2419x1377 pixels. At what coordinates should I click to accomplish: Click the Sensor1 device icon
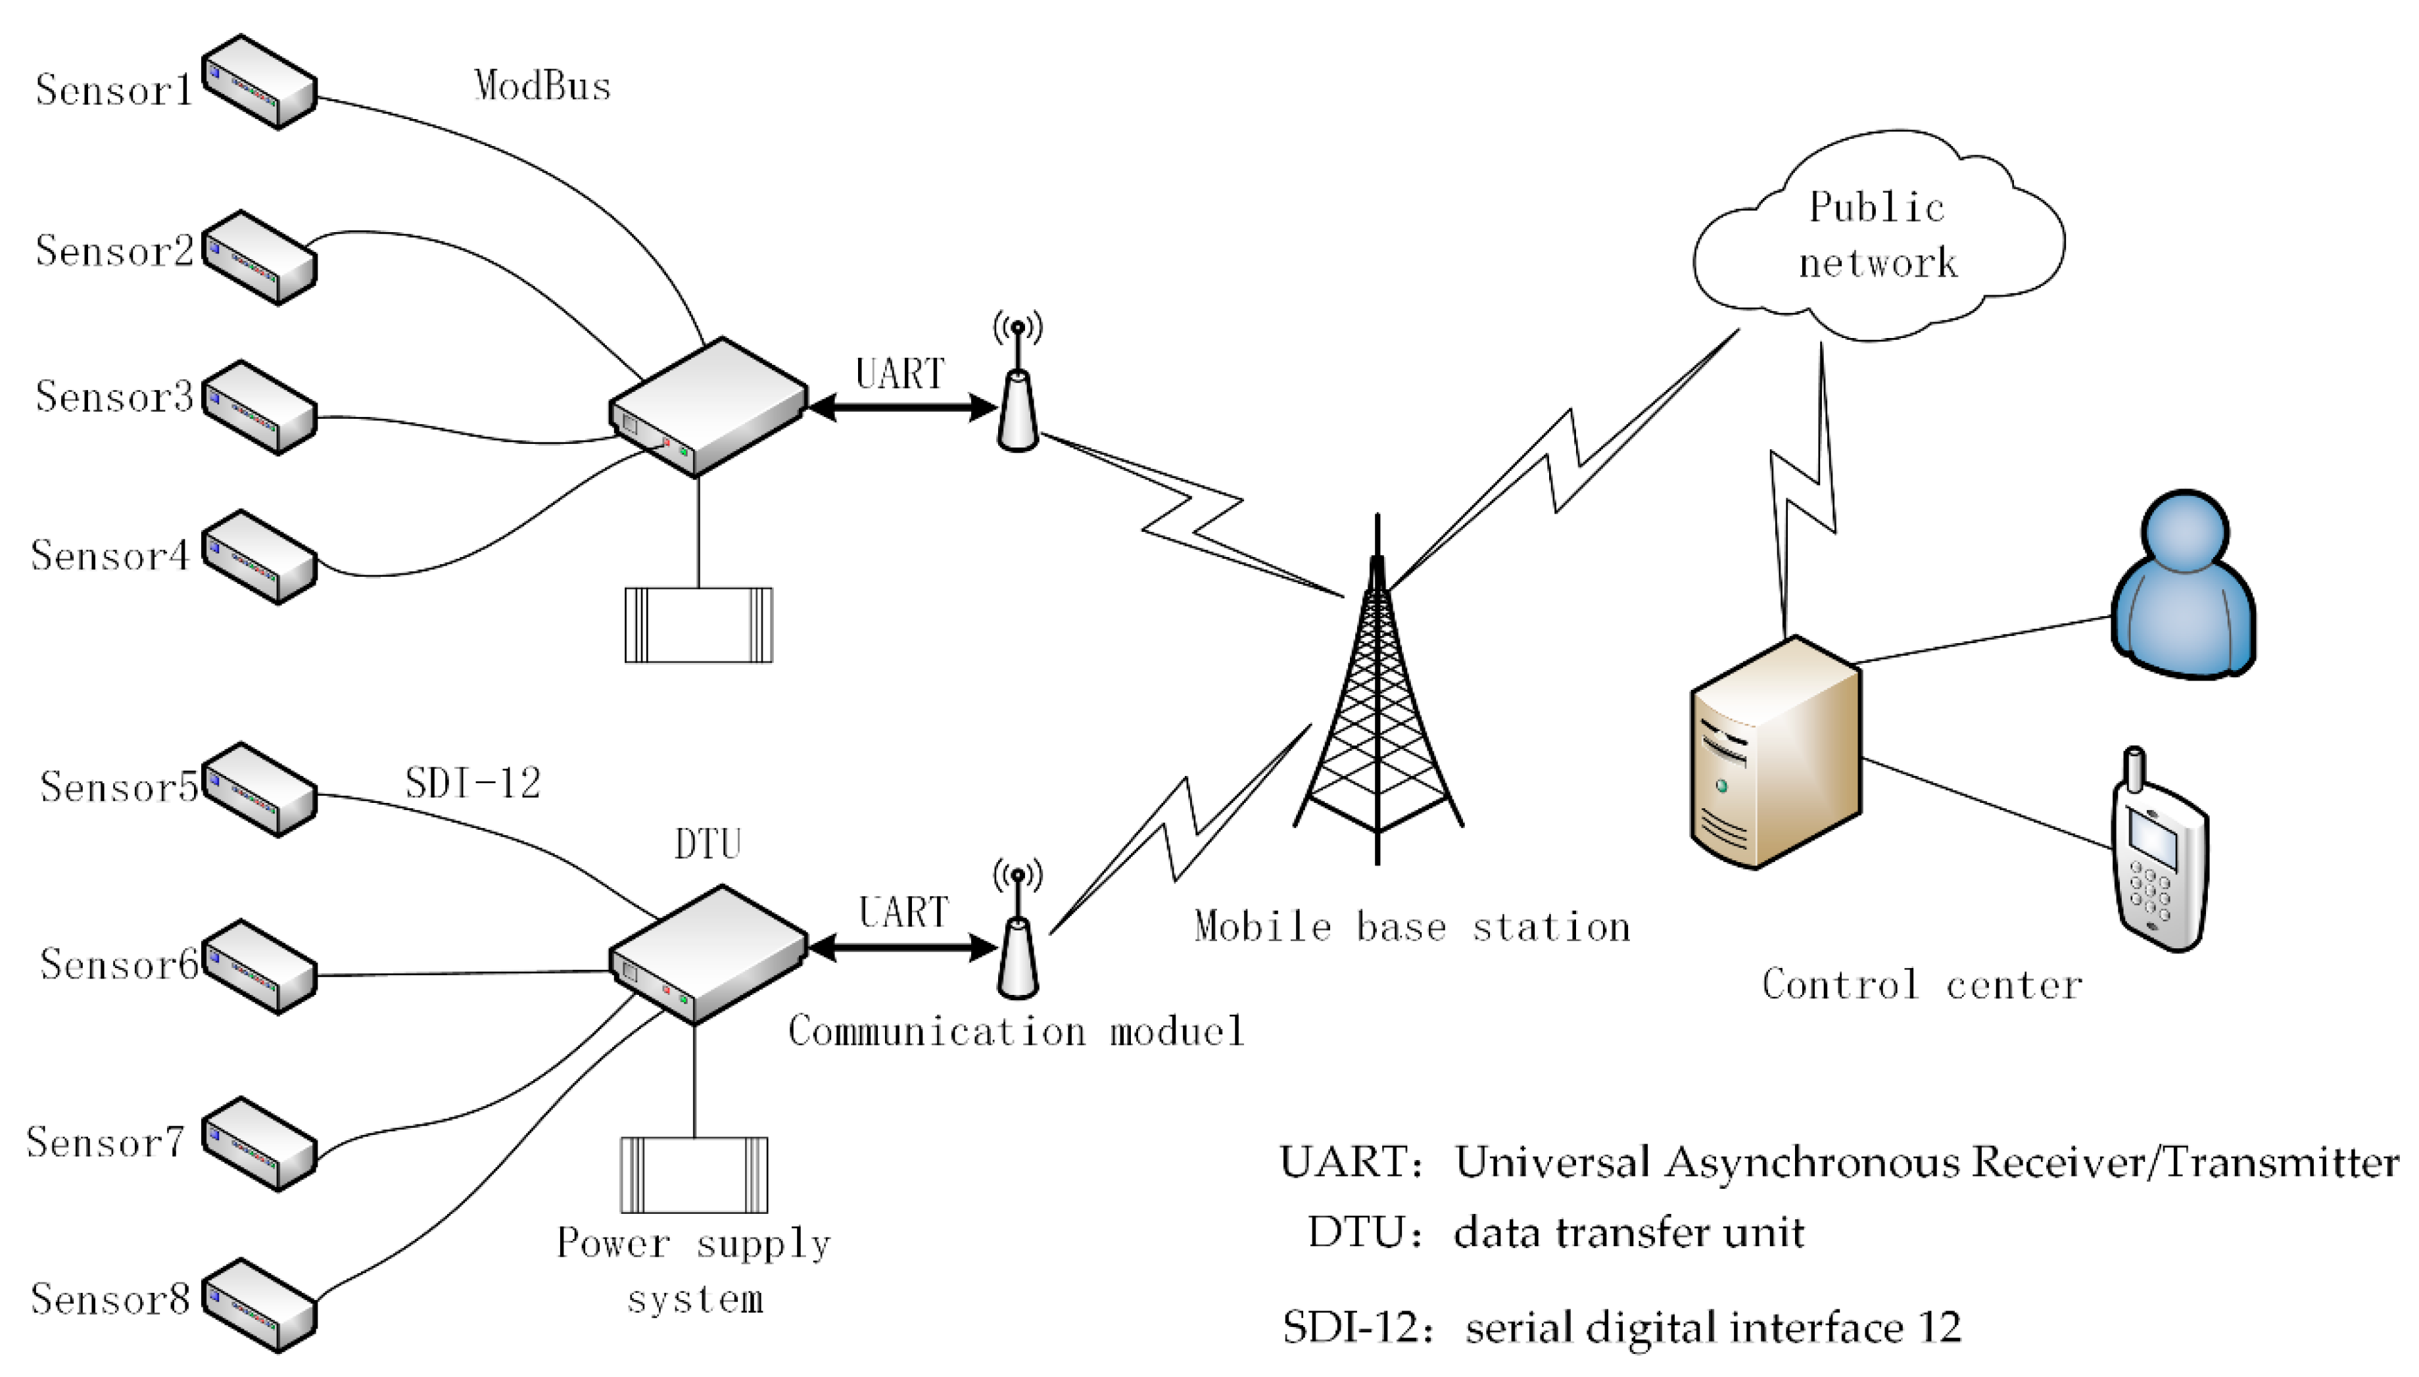pyautogui.click(x=258, y=84)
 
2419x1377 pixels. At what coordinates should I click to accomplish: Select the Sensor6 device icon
pyautogui.click(x=258, y=967)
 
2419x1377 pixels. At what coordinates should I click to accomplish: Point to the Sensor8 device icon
pyautogui.click(x=258, y=1306)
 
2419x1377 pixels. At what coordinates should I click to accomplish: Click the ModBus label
pyautogui.click(x=542, y=87)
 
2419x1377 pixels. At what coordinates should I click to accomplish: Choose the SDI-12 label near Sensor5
pyautogui.click(x=473, y=783)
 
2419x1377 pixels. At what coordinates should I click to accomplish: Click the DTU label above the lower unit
pyautogui.click(x=707, y=844)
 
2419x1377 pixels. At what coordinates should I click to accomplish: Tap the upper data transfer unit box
pyautogui.click(x=707, y=406)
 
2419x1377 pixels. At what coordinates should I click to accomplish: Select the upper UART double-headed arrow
pyautogui.click(x=903, y=408)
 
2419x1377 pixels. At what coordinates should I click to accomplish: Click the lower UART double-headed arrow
pyautogui.click(x=903, y=947)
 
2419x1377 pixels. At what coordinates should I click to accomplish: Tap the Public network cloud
pyautogui.click(x=1877, y=237)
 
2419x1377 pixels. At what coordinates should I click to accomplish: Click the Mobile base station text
pyautogui.click(x=1412, y=927)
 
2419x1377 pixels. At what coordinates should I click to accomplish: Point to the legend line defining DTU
pyautogui.click(x=1556, y=1232)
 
